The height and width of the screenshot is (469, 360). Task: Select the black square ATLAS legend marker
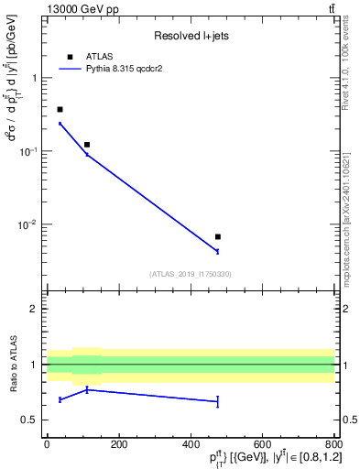coord(70,56)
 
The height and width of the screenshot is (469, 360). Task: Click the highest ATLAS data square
coord(60,109)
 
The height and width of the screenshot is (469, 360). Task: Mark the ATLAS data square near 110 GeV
coord(87,145)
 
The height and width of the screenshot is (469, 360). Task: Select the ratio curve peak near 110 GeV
coord(87,389)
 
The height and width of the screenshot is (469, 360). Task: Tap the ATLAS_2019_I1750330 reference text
coord(190,274)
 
